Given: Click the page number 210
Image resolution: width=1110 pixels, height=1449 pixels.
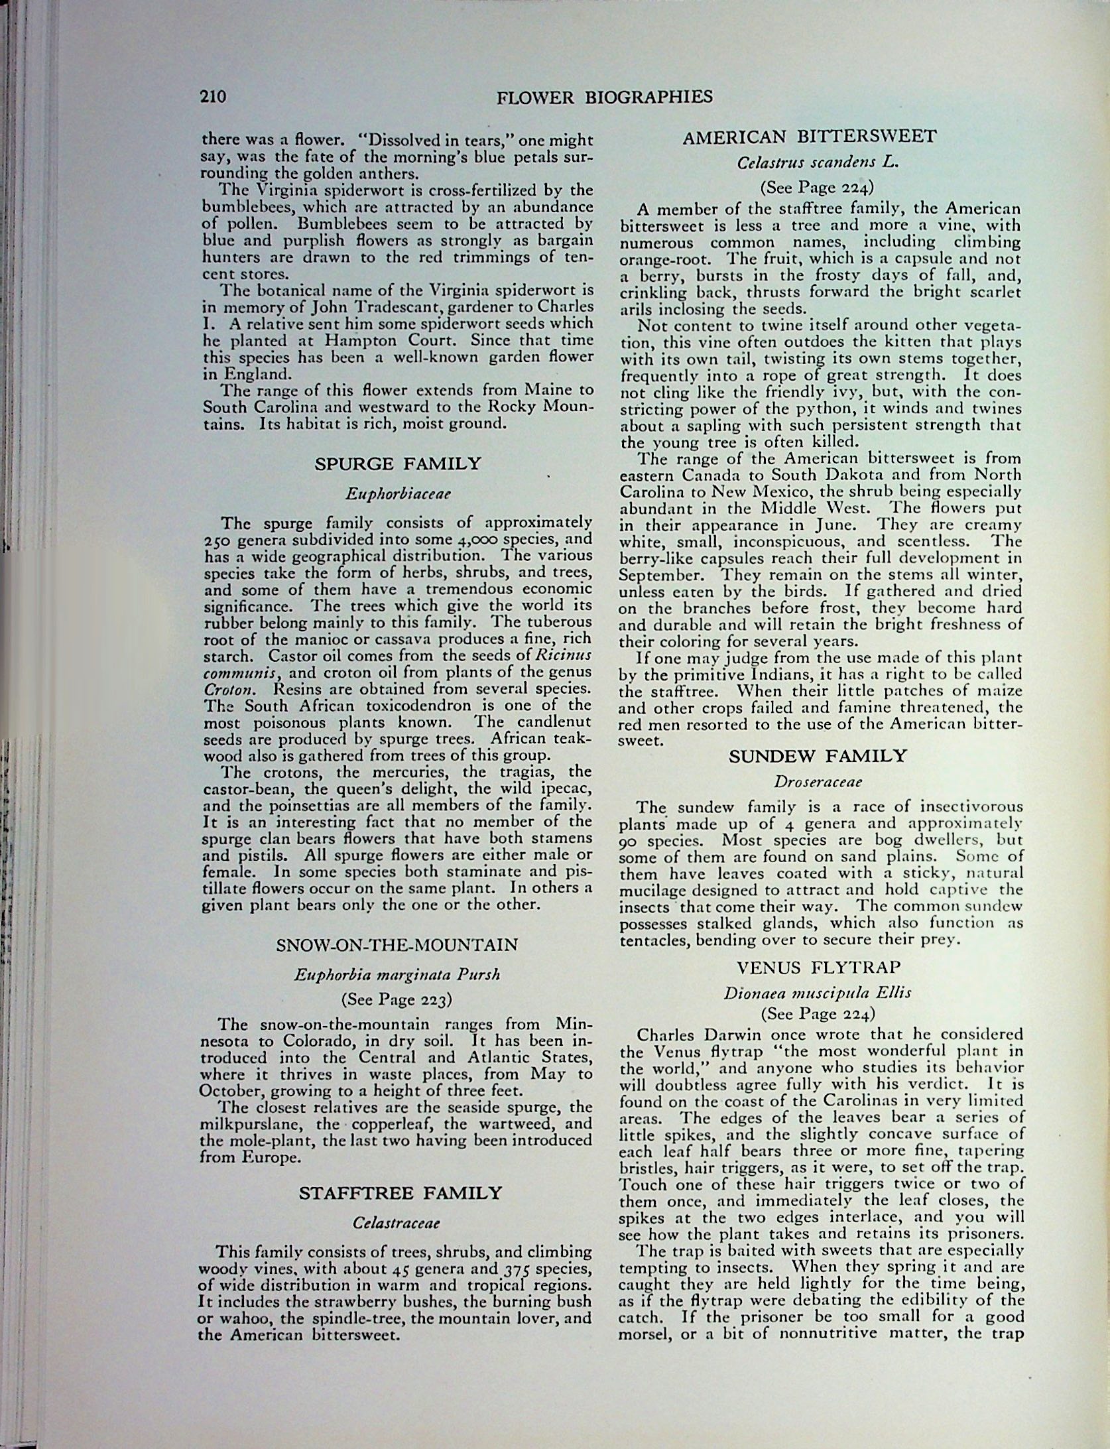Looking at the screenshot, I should pos(214,97).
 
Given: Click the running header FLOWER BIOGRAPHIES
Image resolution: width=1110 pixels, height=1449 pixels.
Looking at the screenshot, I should pos(604,97).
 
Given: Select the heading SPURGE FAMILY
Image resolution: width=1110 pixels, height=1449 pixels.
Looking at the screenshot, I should pos(397,464).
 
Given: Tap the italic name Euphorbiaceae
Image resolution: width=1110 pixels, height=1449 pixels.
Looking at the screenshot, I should pos(398,494).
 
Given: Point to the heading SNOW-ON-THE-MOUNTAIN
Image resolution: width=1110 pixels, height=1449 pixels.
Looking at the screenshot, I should pos(397,944).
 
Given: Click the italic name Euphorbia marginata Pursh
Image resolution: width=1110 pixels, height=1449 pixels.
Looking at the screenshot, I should pos(397,975).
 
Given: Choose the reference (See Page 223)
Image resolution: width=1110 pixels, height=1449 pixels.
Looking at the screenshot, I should pos(397,999).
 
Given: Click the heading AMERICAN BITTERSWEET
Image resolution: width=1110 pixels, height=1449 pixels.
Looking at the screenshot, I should pos(810,137).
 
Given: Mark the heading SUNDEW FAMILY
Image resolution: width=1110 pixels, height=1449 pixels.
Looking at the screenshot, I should pos(818,756).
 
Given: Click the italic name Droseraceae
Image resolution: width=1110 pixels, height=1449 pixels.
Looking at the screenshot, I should pos(818,782).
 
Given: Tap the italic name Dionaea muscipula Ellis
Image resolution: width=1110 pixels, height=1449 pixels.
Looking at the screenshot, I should pos(818,993).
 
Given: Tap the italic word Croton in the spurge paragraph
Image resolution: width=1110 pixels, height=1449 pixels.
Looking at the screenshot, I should pos(222,689).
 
